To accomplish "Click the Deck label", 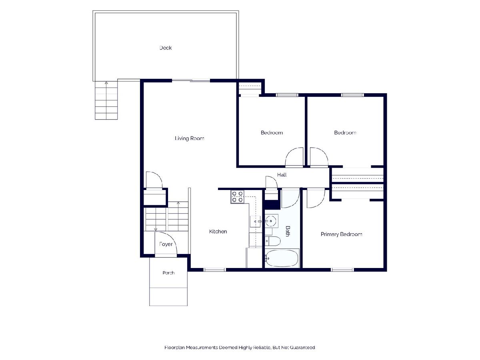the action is pyautogui.click(x=166, y=48).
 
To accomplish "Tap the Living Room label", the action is pyautogui.click(x=189, y=138).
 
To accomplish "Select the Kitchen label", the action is pyautogui.click(x=218, y=232).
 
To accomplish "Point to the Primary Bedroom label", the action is pyautogui.click(x=341, y=234).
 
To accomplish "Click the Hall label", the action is pyautogui.click(x=282, y=175).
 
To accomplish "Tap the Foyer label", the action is pyautogui.click(x=166, y=244).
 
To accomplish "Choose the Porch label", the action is pyautogui.click(x=168, y=273).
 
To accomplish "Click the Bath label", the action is pyautogui.click(x=288, y=231).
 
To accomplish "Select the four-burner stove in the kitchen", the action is pyautogui.click(x=237, y=197).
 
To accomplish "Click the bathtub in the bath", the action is pyautogui.click(x=282, y=258).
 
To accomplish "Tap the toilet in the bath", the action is pyautogui.click(x=273, y=241).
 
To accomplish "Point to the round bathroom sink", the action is pyautogui.click(x=271, y=221).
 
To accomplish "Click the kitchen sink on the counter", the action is pyautogui.click(x=255, y=222).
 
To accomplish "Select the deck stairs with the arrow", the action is pyautogui.click(x=106, y=100).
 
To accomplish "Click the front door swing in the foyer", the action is pyautogui.click(x=166, y=243).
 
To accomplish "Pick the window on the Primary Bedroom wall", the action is pyautogui.click(x=342, y=270).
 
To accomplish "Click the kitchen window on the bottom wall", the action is pyautogui.click(x=214, y=270).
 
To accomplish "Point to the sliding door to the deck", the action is pyautogui.click(x=191, y=81).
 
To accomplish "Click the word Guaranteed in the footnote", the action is pyautogui.click(x=302, y=347).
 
